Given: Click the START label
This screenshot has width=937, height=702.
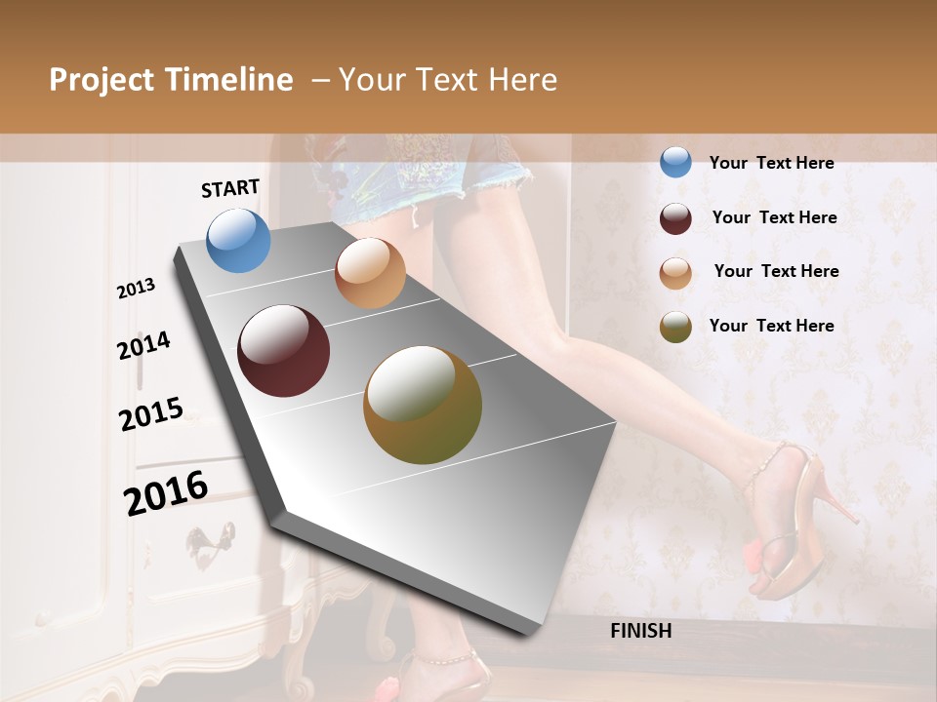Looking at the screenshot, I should tap(230, 188).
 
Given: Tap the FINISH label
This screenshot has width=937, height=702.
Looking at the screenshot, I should tap(640, 631).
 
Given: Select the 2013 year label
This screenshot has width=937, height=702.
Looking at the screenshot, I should tap(137, 289).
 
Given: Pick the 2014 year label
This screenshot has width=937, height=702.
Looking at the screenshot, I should tap(143, 346).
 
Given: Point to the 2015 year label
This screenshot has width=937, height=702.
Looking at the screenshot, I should tap(151, 414).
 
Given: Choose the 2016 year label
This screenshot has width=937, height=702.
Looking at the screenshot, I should tap(166, 492).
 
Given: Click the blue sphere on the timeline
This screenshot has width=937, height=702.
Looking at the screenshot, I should tap(238, 240).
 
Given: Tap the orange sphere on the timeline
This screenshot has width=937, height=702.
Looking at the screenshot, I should tap(370, 273).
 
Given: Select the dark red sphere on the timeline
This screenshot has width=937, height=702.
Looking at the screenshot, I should tap(283, 351).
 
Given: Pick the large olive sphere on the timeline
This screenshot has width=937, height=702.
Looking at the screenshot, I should tap(422, 405).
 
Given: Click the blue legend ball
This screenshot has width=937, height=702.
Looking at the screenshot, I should tap(675, 162).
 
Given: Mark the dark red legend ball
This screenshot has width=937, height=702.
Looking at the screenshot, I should tap(675, 217).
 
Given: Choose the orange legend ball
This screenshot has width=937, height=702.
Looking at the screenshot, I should tap(675, 272).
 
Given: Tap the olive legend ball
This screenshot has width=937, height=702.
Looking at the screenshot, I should tap(675, 327).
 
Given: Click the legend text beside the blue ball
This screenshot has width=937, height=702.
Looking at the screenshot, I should tap(771, 163).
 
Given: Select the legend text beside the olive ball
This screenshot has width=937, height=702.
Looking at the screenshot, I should tap(771, 326).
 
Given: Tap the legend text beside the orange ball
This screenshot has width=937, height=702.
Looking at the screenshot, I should tap(776, 271).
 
